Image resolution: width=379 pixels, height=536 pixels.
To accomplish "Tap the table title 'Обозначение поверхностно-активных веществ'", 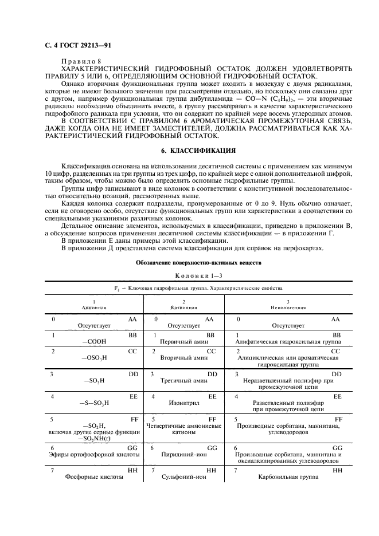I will pyautogui.click(x=190, y=263).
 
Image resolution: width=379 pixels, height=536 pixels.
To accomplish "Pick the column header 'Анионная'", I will pyautogui.click(x=93, y=307).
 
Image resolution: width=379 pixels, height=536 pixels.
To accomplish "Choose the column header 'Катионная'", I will pyautogui.click(x=183, y=307).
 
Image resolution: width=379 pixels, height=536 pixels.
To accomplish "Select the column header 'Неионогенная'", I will pyautogui.click(x=288, y=307).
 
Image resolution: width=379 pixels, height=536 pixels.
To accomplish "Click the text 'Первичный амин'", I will pyautogui.click(x=183, y=342).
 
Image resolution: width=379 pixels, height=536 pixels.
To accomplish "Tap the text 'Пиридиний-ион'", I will pyautogui.click(x=183, y=454).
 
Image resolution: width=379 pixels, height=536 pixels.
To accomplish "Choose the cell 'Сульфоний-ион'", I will pyautogui.click(x=183, y=476).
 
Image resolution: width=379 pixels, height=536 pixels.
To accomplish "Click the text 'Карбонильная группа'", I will pyautogui.click(x=288, y=476).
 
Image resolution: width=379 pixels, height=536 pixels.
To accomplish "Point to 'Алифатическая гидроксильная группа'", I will pyautogui.click(x=288, y=342).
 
